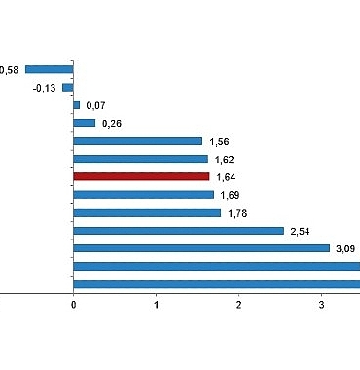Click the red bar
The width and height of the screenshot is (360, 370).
pyautogui.click(x=142, y=176)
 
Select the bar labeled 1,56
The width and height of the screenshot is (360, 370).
pyautogui.click(x=138, y=141)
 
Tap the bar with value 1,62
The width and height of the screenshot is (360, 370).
pyautogui.click(x=141, y=159)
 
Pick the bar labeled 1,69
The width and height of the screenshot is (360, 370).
pyautogui.click(x=144, y=195)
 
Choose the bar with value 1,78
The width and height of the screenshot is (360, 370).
pyautogui.click(x=148, y=212)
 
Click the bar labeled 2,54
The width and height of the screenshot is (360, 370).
pyautogui.click(x=179, y=231)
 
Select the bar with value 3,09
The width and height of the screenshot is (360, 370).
pyautogui.click(x=201, y=248)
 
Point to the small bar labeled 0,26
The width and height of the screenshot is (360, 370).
pyautogui.click(x=85, y=123)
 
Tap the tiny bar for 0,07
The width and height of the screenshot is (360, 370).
pyautogui.click(x=77, y=105)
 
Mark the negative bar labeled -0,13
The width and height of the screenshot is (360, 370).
pyautogui.click(x=68, y=87)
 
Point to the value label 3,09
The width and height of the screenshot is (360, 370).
pyautogui.click(x=345, y=248)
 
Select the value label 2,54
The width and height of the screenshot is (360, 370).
pyautogui.click(x=300, y=231)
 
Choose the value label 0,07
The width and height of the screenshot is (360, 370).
pyautogui.click(x=95, y=105)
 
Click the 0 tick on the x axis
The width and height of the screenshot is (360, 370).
pyautogui.click(x=74, y=306)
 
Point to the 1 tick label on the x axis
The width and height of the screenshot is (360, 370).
pyautogui.click(x=157, y=306)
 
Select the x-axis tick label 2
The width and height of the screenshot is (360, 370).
pyautogui.click(x=239, y=306)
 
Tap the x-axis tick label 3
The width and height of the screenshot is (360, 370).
pyautogui.click(x=322, y=306)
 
